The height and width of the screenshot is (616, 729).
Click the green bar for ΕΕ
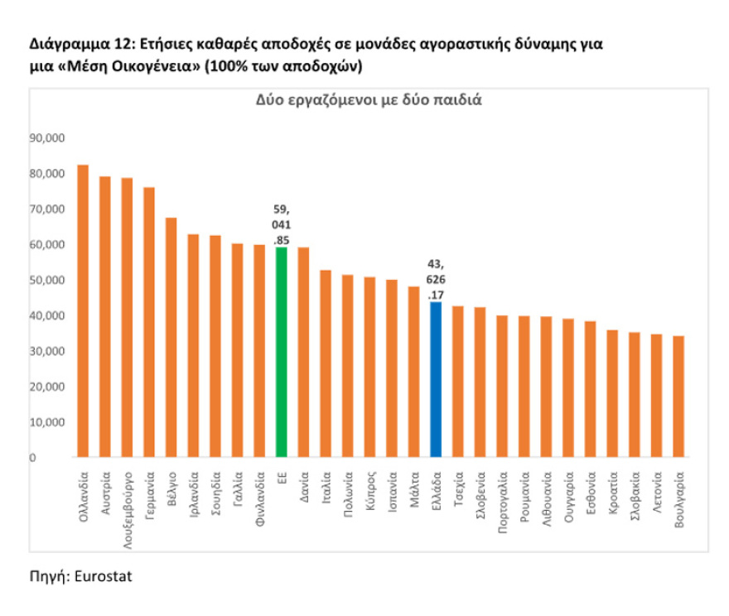click(x=282, y=352)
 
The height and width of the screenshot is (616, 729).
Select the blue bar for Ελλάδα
click(x=436, y=379)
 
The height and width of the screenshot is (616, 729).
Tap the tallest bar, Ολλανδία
click(x=83, y=310)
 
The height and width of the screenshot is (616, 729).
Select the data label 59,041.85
click(x=282, y=225)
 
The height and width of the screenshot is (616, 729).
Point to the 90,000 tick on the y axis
click(x=47, y=138)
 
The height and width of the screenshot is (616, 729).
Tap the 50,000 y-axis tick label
click(x=47, y=280)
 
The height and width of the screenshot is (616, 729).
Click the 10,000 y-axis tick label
click(x=47, y=421)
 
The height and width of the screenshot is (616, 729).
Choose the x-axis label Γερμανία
click(x=150, y=494)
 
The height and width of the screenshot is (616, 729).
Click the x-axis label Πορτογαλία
click(x=502, y=499)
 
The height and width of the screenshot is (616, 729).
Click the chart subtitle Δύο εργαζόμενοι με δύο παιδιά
click(x=368, y=100)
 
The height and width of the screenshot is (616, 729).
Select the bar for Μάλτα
click(x=413, y=371)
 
